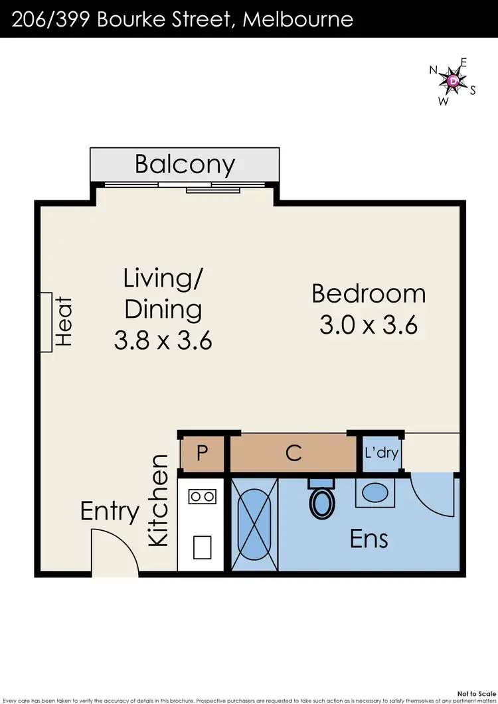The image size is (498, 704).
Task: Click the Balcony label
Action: coord(185,164)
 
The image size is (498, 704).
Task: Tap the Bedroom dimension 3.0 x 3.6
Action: coord(369,326)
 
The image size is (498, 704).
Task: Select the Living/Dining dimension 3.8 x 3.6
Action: coord(163,341)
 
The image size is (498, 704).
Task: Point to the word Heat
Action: coord(63,322)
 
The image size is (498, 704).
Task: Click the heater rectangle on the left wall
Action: coord(46,322)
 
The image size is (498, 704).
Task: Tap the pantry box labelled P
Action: coord(203,453)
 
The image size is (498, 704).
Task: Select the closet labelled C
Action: coord(293,453)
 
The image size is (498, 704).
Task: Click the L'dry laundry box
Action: coord(380,453)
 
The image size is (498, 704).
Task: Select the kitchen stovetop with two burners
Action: coord(203,496)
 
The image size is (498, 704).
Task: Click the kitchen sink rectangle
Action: coord(203,547)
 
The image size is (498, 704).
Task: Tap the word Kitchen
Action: coord(159,501)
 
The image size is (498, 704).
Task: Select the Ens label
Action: coord(369,538)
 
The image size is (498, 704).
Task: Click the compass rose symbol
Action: coord(454,81)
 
